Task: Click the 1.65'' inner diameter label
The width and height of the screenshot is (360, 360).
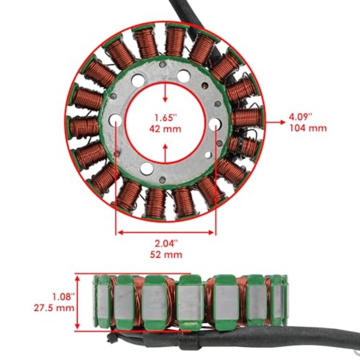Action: (166, 118)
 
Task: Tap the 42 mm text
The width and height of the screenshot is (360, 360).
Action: (166, 129)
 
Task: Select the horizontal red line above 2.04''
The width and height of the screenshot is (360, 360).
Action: (166, 232)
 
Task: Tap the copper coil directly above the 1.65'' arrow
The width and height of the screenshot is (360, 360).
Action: (175, 41)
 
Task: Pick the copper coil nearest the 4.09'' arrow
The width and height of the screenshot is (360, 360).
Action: (246, 118)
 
